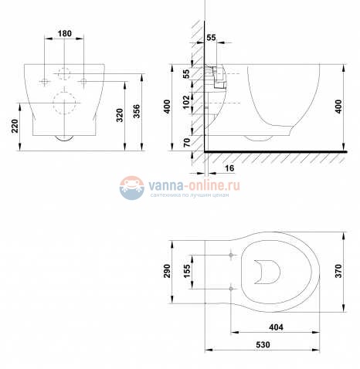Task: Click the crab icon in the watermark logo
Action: click(x=131, y=186)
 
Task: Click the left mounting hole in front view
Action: click(x=45, y=80)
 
